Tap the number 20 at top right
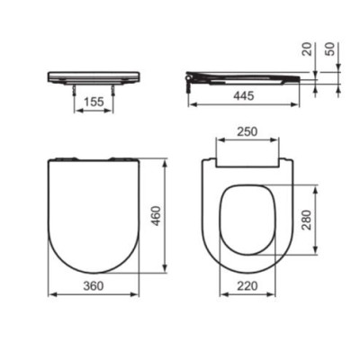[307, 49]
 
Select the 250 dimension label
[246, 131]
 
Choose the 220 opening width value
[247, 285]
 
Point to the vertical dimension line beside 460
[166, 216]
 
